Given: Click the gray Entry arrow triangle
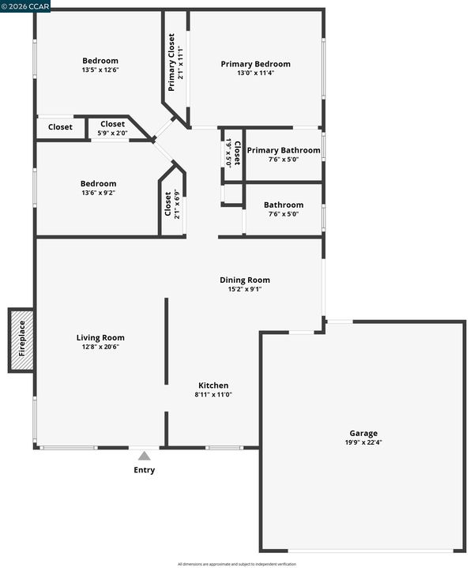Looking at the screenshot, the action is click(145, 455).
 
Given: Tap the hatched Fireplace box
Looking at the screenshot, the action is click(22, 340).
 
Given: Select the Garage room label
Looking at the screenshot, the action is click(363, 433).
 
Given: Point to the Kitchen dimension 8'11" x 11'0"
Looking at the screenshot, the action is click(213, 394).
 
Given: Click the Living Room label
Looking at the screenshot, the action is click(100, 337).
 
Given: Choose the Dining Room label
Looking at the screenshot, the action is click(245, 280).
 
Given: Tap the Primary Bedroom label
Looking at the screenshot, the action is click(256, 64).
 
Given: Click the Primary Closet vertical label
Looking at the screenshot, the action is click(171, 62).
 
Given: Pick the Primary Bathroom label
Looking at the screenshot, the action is click(284, 150).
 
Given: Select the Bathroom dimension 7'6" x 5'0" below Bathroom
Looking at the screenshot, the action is click(284, 214).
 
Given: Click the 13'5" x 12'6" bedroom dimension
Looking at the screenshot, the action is click(100, 70).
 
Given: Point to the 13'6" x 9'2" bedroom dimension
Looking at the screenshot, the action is click(99, 193).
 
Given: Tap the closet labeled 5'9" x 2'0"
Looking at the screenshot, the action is click(113, 128).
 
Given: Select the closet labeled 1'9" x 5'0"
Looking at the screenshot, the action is click(233, 153).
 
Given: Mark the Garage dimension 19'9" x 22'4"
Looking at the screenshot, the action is click(363, 442).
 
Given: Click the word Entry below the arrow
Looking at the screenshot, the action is click(145, 470).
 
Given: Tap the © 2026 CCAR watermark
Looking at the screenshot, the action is click(25, 6).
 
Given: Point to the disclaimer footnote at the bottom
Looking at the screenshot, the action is click(237, 564).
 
